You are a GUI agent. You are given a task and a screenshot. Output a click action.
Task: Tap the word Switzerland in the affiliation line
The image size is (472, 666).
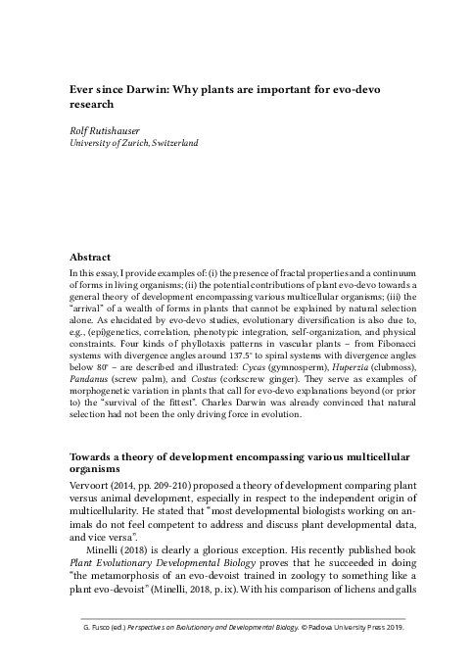(171, 143)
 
